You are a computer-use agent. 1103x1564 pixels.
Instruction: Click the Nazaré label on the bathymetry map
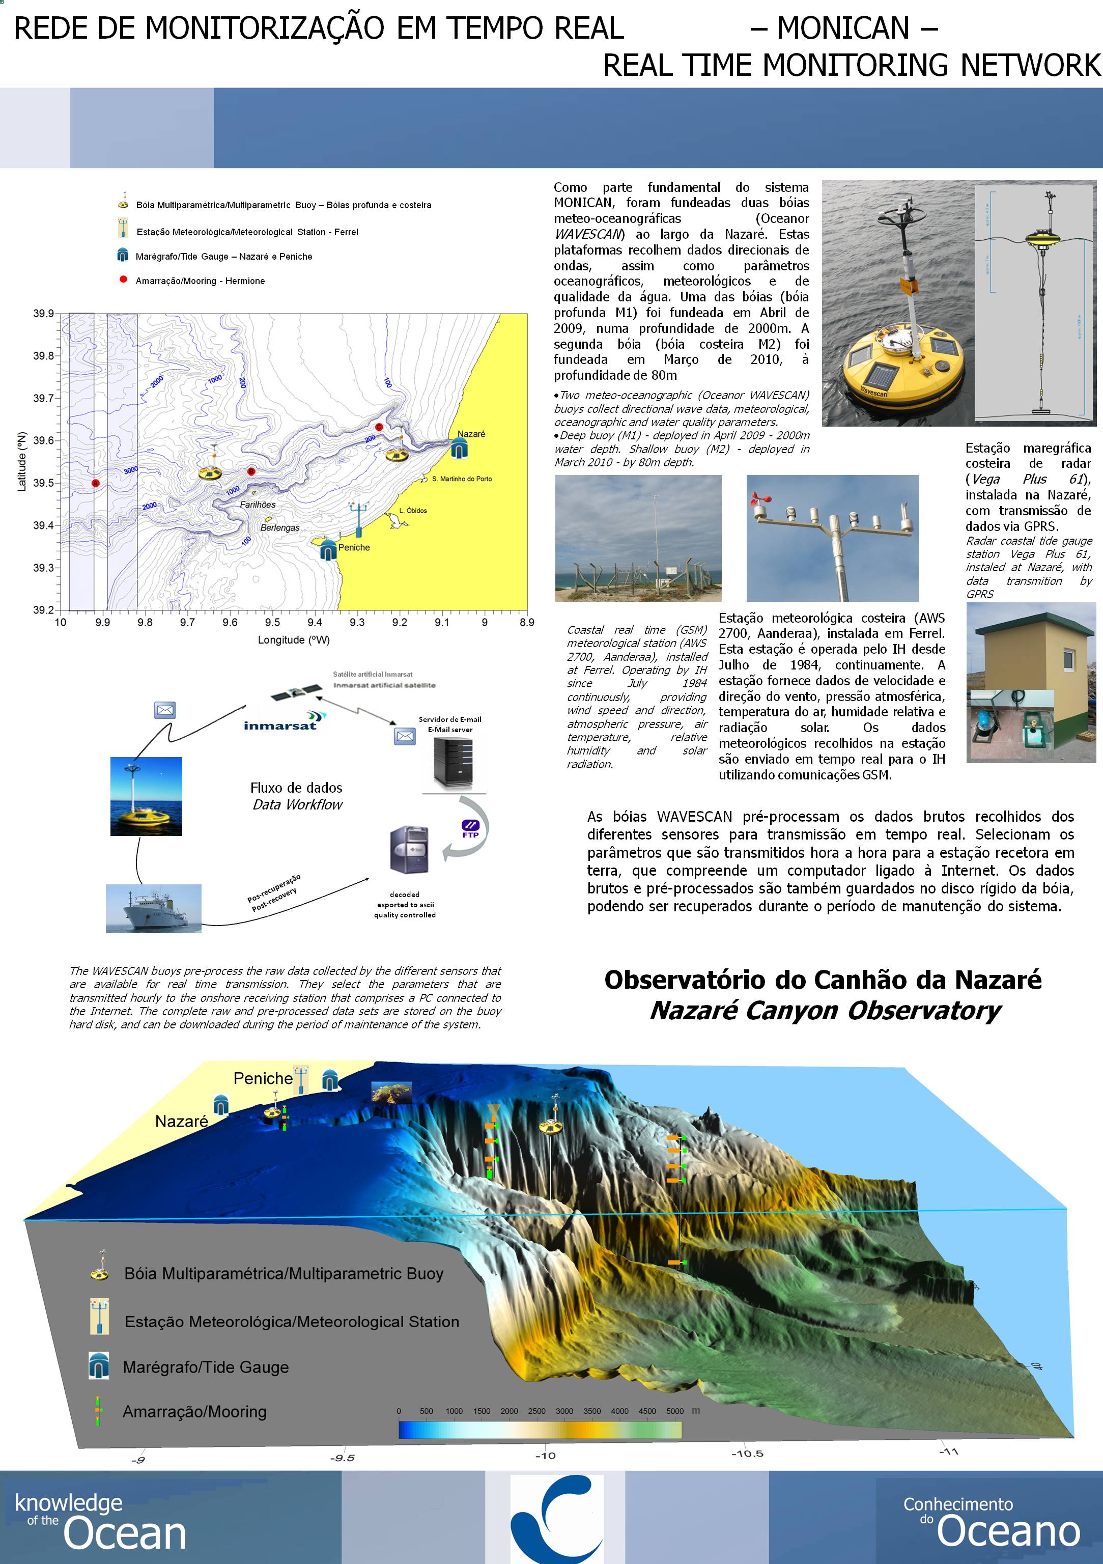471,434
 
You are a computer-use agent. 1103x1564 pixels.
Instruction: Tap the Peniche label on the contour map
354,548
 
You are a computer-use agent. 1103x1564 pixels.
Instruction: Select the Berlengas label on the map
280,528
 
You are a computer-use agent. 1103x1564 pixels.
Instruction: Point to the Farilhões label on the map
258,505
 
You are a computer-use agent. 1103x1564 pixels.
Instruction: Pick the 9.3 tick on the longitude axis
357,623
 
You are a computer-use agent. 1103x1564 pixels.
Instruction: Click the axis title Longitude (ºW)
294,640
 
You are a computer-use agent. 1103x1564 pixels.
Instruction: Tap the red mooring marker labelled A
95,483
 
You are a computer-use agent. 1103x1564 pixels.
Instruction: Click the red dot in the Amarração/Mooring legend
123,280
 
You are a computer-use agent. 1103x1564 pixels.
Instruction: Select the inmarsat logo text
280,726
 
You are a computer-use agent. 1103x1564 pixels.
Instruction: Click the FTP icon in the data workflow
470,829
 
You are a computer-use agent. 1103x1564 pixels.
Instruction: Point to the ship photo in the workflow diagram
153,908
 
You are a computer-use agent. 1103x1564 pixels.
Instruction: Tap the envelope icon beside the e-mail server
405,736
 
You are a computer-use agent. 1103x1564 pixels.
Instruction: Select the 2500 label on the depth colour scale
536,1411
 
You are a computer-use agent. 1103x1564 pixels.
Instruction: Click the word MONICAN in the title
843,29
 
